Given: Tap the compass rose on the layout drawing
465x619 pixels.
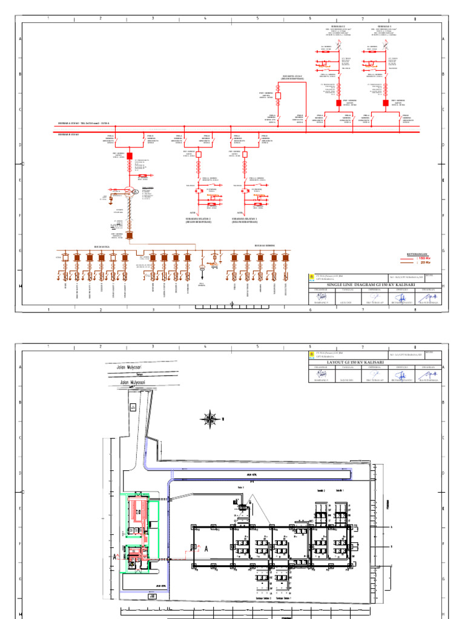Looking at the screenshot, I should pyautogui.click(x=210, y=418).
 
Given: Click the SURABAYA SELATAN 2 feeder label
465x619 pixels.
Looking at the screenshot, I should pyautogui.click(x=198, y=220).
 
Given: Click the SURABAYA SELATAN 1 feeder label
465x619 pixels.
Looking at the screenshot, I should pyautogui.click(x=246, y=220).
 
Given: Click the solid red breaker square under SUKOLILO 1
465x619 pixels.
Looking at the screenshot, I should pyautogui.click(x=386, y=103).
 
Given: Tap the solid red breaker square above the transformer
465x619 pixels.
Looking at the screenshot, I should pyautogui.click(x=130, y=163).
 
